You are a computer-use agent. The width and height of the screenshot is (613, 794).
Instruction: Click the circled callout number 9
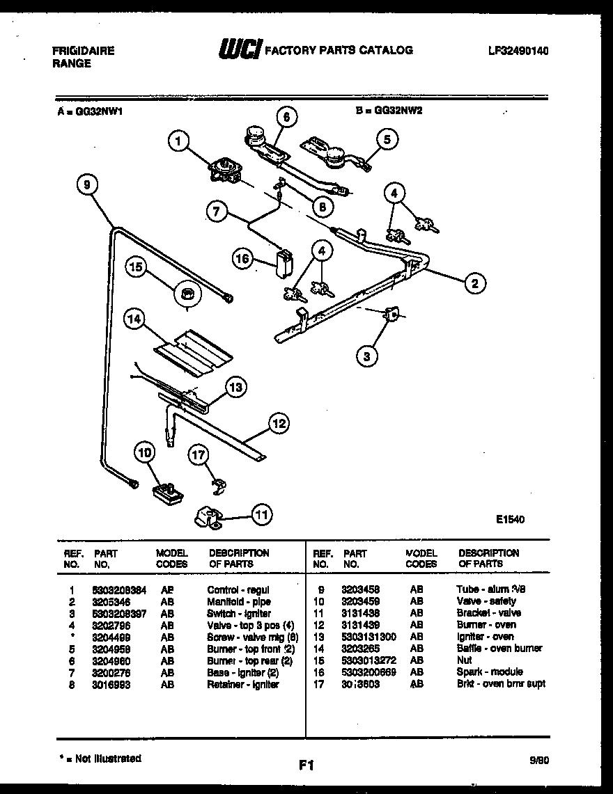coord(86,184)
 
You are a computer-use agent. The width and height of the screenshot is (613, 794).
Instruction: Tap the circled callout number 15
coord(137,267)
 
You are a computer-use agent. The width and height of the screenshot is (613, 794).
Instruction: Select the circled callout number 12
coord(278,422)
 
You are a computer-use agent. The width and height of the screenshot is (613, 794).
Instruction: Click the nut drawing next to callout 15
coord(187,295)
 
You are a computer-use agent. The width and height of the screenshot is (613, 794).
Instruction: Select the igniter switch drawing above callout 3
coord(394,315)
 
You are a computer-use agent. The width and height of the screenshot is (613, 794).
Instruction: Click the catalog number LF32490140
coord(518,51)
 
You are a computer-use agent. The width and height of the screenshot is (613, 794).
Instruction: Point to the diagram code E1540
coord(510,518)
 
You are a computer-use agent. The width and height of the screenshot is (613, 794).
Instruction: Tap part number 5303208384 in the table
coord(119,589)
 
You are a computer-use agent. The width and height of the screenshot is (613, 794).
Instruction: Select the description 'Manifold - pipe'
coord(239,601)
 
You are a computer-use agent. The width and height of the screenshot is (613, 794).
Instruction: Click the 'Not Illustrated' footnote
coord(100,759)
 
